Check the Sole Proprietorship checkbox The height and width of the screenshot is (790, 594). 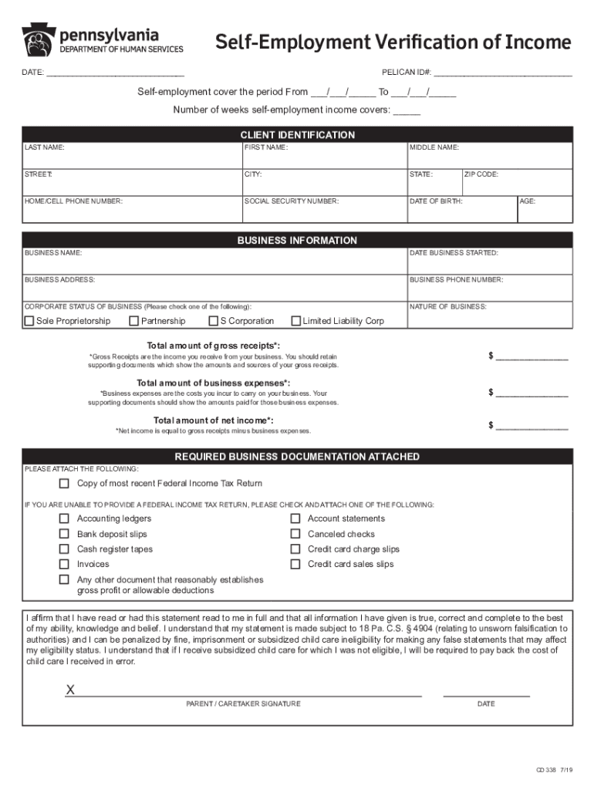pos(29,321)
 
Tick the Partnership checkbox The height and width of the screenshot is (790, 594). pos(134,321)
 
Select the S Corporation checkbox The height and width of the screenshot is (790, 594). pos(214,321)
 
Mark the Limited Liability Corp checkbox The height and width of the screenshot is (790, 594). pos(295,321)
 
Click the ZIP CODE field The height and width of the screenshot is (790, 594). pos(517,184)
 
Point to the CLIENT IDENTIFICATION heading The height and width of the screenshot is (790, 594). pos(297,135)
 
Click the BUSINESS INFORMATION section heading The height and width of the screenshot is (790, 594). pos(297,241)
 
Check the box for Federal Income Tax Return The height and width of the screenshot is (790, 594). pos(65,484)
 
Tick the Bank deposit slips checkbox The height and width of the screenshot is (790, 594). pos(65,534)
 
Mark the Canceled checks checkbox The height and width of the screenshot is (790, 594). pos(295,534)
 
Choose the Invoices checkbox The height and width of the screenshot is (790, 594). pos(65,564)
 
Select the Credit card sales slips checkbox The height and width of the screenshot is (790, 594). pos(295,564)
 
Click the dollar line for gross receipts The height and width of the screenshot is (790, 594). pos(532,357)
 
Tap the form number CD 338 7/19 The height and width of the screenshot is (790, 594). pos(555,770)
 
